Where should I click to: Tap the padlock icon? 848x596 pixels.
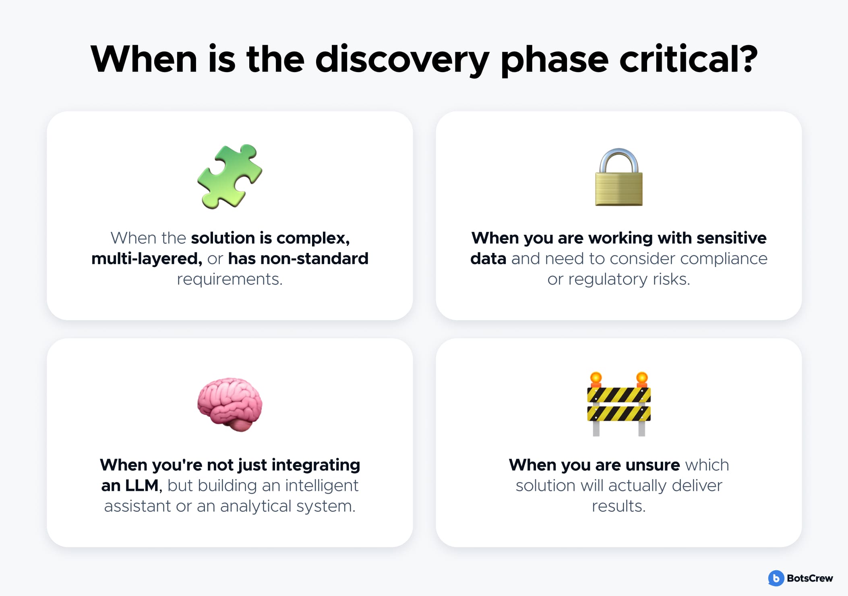point(619,177)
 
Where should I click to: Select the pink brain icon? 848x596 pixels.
point(230,404)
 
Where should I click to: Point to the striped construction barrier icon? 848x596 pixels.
point(619,404)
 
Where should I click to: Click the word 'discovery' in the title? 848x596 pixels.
point(402,60)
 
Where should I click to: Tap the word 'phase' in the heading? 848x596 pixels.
point(554,60)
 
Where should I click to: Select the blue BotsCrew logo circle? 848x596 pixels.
point(776,578)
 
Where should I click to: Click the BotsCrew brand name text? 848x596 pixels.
point(810,578)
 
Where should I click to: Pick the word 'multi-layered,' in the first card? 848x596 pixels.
point(147,259)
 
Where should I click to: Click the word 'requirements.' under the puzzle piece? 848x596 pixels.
point(230,279)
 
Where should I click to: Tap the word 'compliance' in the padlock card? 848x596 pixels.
point(724,259)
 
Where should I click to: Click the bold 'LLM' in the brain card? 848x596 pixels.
point(141,486)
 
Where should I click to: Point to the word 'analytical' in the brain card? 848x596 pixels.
point(256,506)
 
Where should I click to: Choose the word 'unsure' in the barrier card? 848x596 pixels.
point(653,465)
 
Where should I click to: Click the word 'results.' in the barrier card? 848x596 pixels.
point(619,506)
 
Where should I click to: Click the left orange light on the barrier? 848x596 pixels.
point(596,379)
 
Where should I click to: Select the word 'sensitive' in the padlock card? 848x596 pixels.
point(732,238)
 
